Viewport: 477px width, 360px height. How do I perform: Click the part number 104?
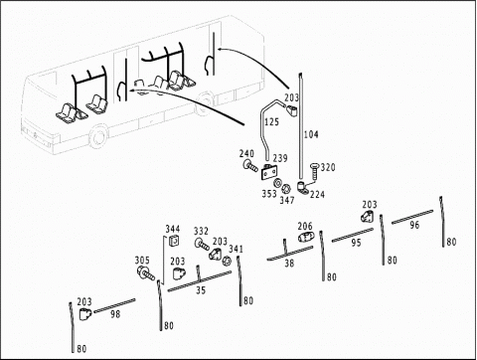tap(311, 134)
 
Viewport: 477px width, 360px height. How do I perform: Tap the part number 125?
tap(271, 122)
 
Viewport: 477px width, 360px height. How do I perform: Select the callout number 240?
tap(246, 153)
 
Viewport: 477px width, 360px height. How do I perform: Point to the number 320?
tap(328, 167)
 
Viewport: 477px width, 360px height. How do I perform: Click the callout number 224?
tap(317, 195)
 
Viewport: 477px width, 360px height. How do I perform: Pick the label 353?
tap(269, 194)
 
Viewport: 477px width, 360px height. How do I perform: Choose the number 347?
tap(287, 200)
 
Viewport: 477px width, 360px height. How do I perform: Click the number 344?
tap(173, 229)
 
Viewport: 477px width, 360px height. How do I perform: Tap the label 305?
tap(142, 261)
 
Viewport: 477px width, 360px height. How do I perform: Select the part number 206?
tap(305, 226)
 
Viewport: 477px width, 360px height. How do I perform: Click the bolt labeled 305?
tap(146, 272)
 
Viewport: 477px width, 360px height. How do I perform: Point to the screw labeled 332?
tap(202, 244)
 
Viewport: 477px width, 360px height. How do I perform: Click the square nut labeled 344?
tap(174, 241)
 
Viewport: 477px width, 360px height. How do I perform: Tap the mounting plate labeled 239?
tap(269, 172)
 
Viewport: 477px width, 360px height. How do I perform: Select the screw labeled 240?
tap(250, 165)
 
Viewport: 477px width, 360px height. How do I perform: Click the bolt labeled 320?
tap(314, 172)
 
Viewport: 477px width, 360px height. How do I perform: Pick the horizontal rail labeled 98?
tap(114, 305)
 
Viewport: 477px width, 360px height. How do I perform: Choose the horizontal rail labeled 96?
tap(412, 217)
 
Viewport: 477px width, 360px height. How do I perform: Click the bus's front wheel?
tap(98, 137)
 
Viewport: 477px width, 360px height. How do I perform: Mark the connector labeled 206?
tap(305, 238)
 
